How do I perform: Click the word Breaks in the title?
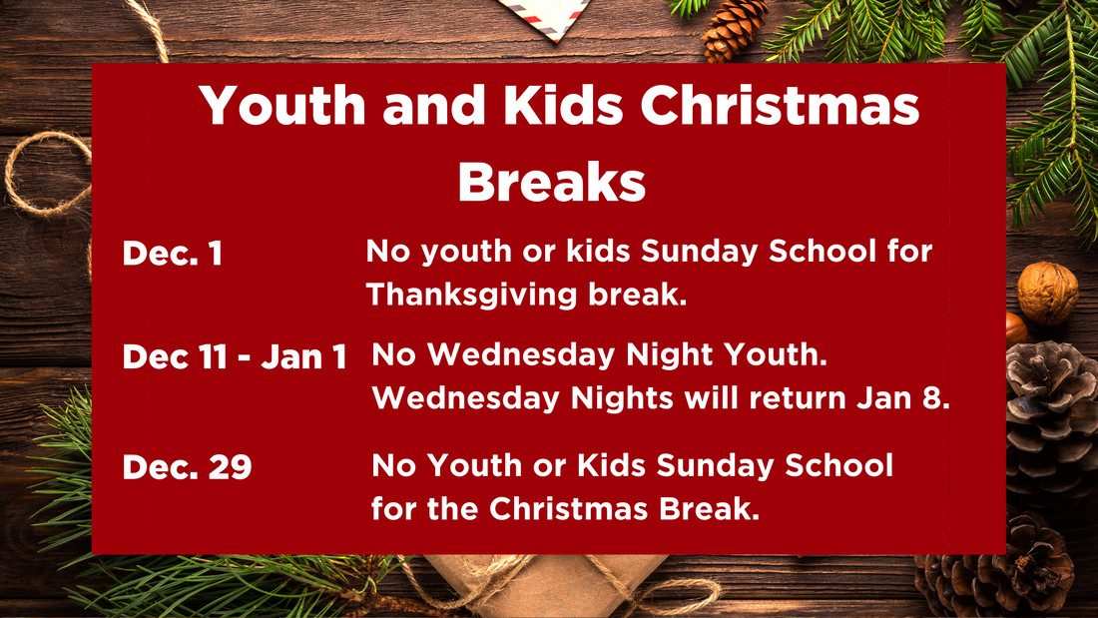click(551, 182)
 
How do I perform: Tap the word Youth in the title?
click(282, 105)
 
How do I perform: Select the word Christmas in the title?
click(780, 105)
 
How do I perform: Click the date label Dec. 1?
click(173, 253)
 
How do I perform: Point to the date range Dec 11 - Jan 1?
click(235, 356)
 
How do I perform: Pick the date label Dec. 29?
click(187, 466)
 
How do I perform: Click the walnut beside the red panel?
click(1047, 293)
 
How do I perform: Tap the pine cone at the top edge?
click(733, 29)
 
